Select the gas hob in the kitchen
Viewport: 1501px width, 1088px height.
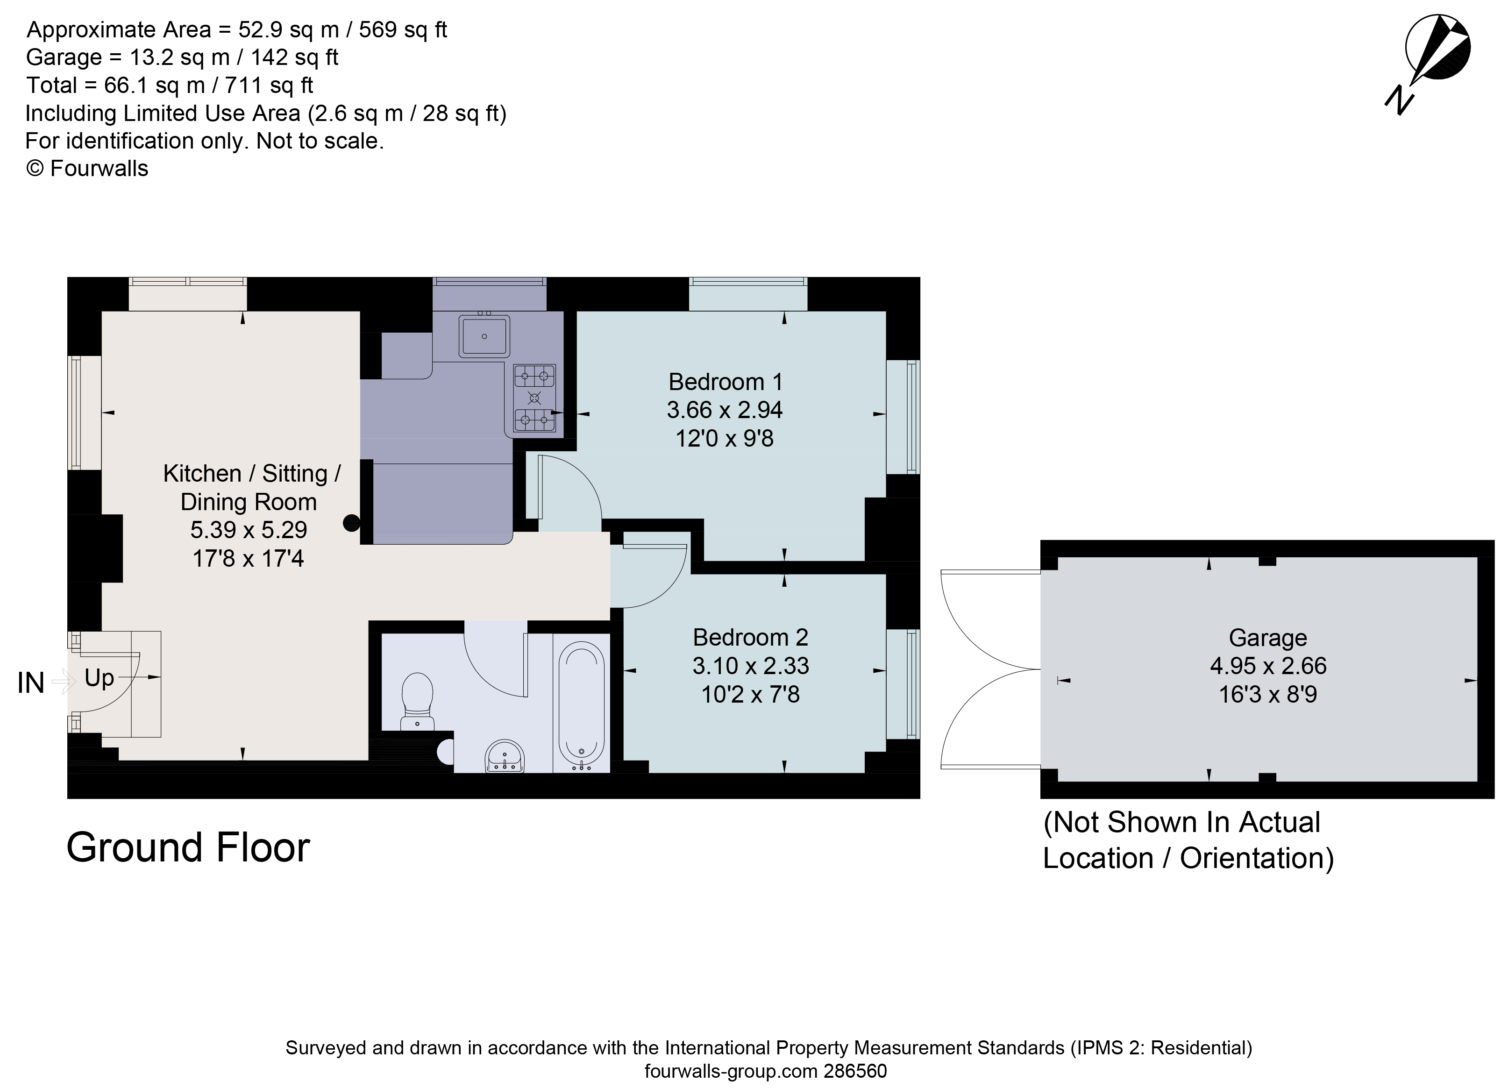[534, 398]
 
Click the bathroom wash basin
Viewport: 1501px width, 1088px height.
[505, 756]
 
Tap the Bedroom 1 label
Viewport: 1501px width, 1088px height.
[726, 382]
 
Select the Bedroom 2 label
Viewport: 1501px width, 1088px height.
[750, 637]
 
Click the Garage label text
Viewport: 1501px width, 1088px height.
[1267, 638]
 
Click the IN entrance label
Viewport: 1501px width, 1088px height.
[30, 683]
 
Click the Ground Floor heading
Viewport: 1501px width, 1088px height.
[188, 848]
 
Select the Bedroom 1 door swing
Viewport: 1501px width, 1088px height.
[569, 490]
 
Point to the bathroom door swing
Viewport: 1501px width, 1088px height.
[496, 662]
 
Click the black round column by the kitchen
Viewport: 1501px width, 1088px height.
[351, 523]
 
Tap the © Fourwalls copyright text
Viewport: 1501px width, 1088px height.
[87, 169]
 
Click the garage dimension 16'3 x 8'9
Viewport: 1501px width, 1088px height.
[1267, 694]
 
